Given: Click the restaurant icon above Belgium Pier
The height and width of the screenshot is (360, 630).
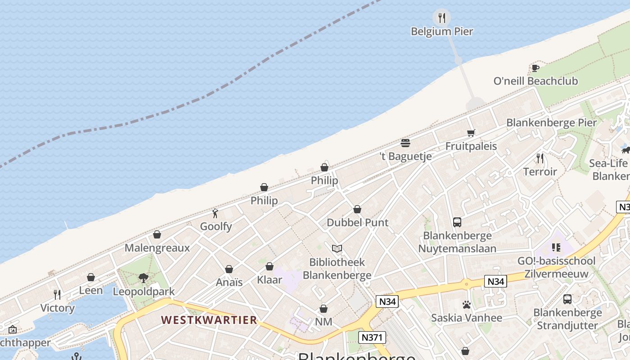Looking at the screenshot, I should coord(442,18).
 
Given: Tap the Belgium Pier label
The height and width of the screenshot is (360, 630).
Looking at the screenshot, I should coord(442,31).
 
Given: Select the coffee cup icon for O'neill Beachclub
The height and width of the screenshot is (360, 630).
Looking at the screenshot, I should coord(535,68).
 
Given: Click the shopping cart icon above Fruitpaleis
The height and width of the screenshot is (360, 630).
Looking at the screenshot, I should coord(471,133).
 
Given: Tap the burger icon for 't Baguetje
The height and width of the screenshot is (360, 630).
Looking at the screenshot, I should coord(405,143).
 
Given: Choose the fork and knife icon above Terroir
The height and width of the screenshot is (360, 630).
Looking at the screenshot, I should coord(540,158).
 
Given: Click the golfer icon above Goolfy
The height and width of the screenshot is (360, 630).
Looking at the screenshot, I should coord(216,213).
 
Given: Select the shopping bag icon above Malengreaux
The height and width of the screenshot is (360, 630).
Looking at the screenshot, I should coord(157,234).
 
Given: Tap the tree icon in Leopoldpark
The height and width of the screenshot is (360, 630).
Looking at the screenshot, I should coord(144,278).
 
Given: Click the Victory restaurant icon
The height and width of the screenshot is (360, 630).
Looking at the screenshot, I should coord(57,295).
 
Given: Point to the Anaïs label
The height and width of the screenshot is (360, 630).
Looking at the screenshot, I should coord(229,282).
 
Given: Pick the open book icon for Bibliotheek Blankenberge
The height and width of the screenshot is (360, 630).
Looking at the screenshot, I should coord(337,248).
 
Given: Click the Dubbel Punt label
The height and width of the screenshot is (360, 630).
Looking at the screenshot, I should coord(357,222).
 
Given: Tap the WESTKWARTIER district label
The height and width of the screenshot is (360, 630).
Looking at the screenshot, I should coord(209,320).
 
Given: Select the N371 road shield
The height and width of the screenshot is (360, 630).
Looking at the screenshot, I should coord(372,337).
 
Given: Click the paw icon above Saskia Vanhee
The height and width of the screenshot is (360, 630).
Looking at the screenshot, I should coord(466,305).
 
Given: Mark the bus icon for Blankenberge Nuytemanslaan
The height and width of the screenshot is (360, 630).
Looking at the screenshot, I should coord(457,222).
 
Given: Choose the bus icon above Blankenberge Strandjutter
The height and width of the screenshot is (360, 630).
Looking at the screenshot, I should coord(567,299).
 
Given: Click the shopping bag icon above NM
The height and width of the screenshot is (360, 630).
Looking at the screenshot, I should coord(324,309).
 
